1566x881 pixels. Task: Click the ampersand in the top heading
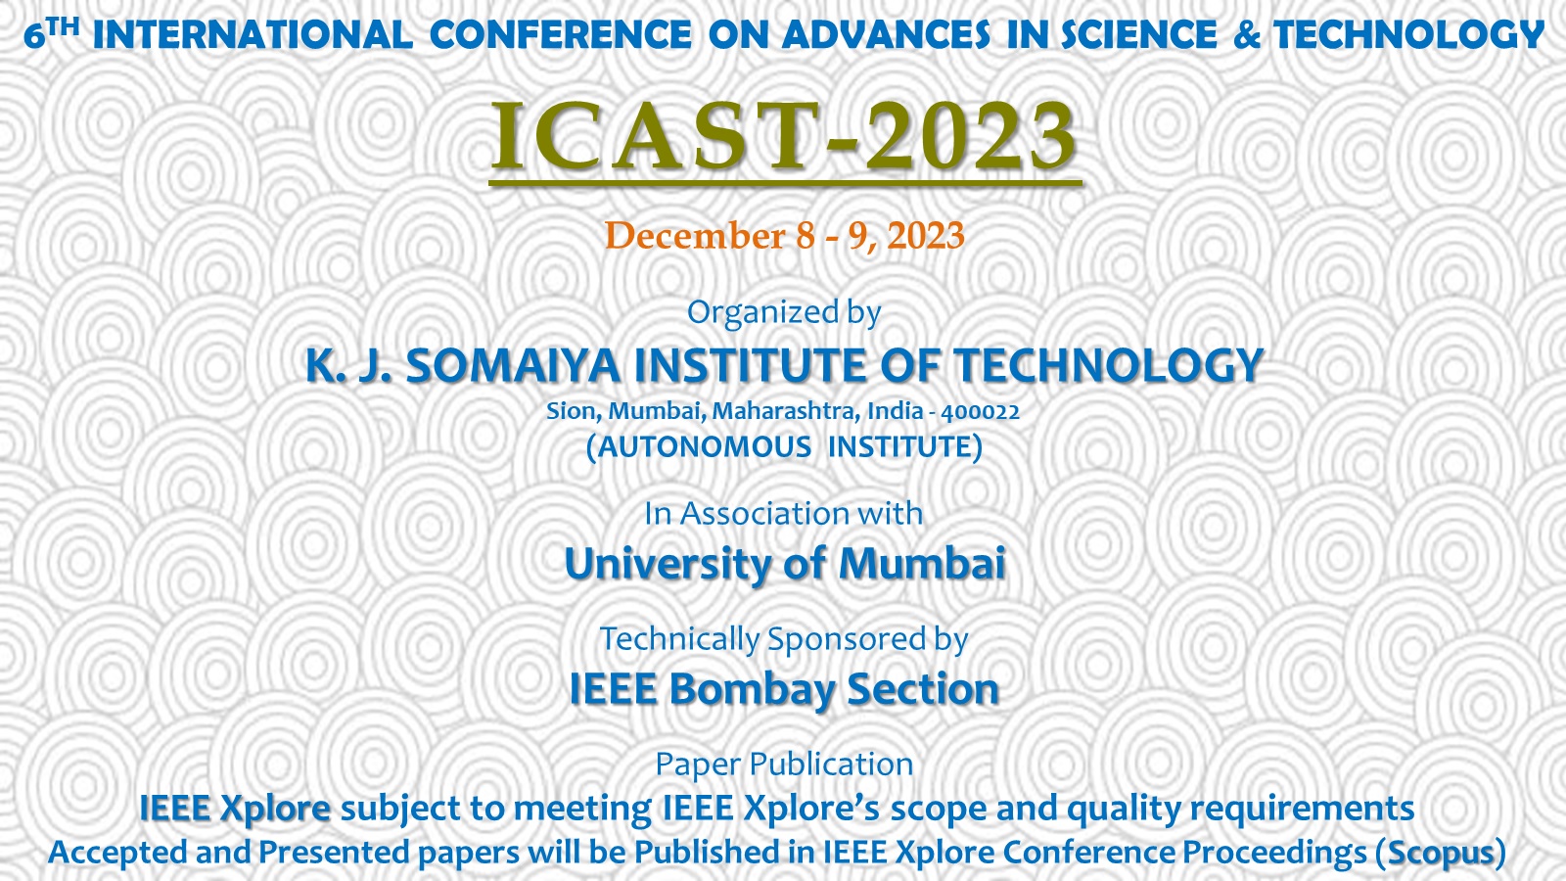pyautogui.click(x=1247, y=35)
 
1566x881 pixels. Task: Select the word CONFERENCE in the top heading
pyautogui.click(x=560, y=35)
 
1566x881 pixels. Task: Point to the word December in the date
pyautogui.click(x=695, y=235)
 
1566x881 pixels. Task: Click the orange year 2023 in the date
pyautogui.click(x=926, y=235)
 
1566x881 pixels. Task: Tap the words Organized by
pyautogui.click(x=784, y=312)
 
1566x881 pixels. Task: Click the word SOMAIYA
pyautogui.click(x=513, y=366)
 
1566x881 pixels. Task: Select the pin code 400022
pyautogui.click(x=980, y=412)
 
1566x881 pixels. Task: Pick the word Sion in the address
pyautogui.click(x=570, y=411)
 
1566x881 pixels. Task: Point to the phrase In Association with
pyautogui.click(x=783, y=514)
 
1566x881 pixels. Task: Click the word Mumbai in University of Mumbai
pyautogui.click(x=921, y=564)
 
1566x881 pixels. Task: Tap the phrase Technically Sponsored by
pyautogui.click(x=784, y=640)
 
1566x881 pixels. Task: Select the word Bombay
pyautogui.click(x=753, y=690)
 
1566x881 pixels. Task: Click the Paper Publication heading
pyautogui.click(x=784, y=765)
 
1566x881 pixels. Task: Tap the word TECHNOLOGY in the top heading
pyautogui.click(x=1408, y=35)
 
